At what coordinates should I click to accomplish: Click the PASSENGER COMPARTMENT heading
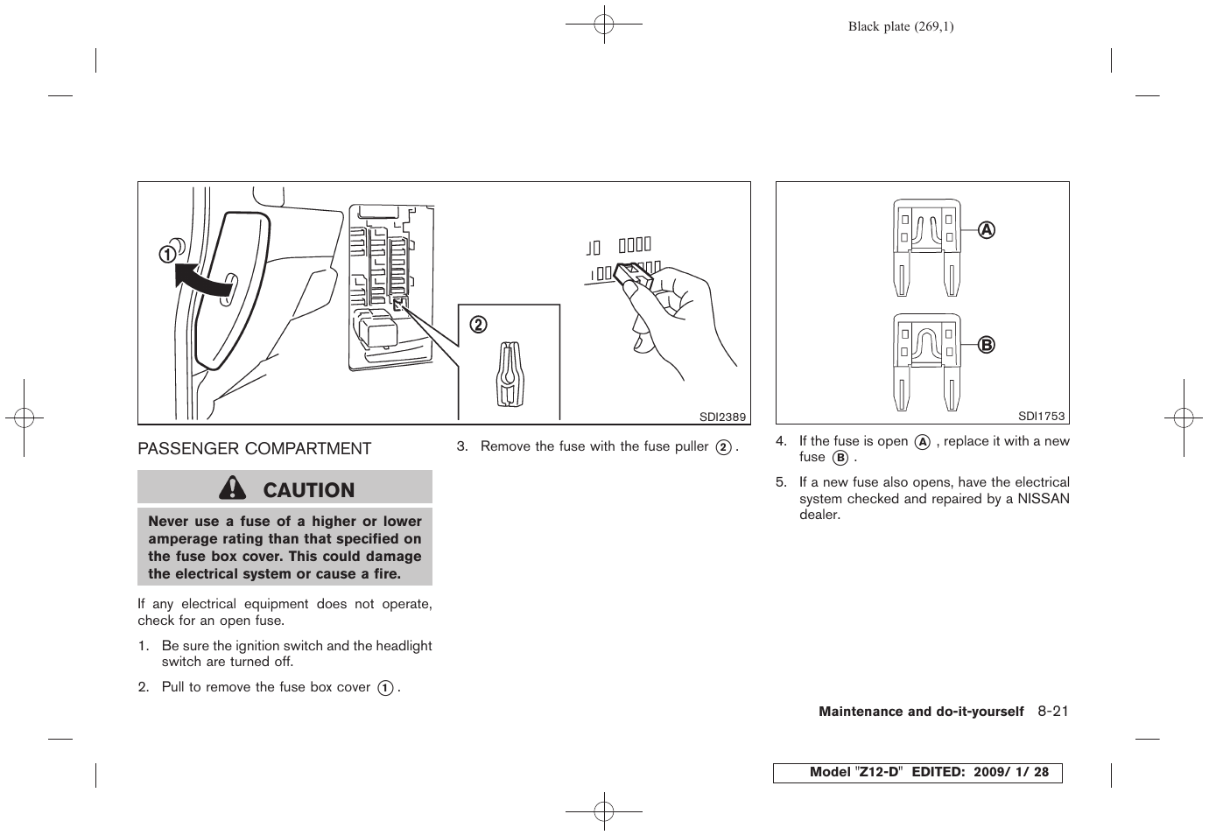254,449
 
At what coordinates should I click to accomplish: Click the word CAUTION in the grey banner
308,490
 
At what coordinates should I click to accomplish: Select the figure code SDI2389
722,417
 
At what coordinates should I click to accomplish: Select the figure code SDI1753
1042,417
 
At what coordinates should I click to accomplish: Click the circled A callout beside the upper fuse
987,230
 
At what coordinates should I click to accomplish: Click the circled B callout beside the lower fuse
987,345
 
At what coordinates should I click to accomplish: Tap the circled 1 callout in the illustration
166,255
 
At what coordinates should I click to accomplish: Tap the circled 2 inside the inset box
479,325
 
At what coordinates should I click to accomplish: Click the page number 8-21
1053,712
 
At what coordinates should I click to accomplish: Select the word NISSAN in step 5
1044,499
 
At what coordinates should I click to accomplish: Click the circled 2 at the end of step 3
723,447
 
